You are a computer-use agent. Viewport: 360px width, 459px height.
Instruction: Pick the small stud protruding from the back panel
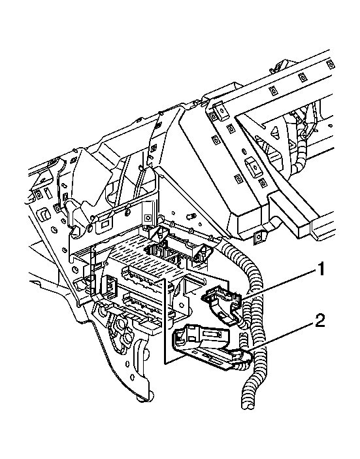point(191,215)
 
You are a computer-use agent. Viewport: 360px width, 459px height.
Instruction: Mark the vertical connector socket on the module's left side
point(109,288)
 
